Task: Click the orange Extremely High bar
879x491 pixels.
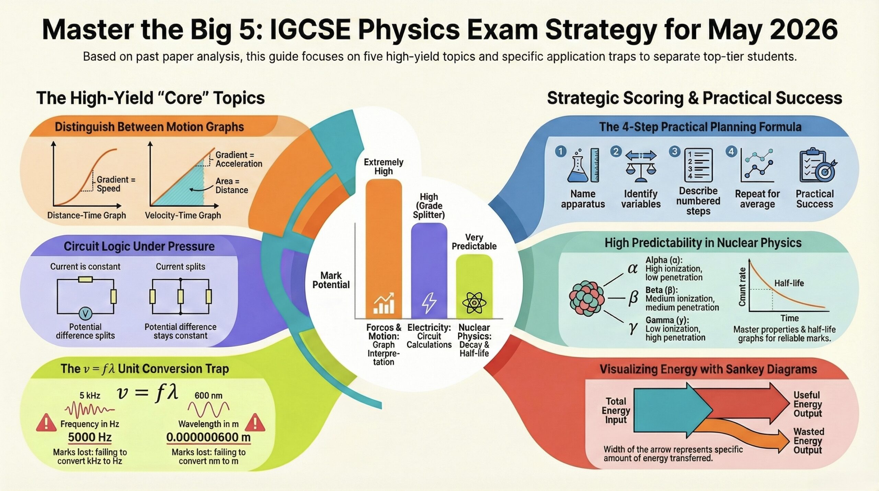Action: pyautogui.click(x=384, y=247)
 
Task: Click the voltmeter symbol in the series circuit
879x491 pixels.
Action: pyautogui.click(x=85, y=313)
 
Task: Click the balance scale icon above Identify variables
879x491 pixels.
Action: pyautogui.click(x=641, y=166)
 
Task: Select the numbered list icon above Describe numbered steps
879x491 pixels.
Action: pyautogui.click(x=698, y=165)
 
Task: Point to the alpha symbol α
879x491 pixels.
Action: pyautogui.click(x=632, y=268)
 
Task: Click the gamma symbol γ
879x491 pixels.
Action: pyautogui.click(x=632, y=328)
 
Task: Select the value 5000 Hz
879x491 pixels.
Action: pyautogui.click(x=90, y=437)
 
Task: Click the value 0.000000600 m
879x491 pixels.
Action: pyautogui.click(x=208, y=437)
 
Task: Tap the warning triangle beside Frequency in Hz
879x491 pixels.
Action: pyautogui.click(x=46, y=423)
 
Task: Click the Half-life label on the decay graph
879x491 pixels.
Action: pyautogui.click(x=789, y=283)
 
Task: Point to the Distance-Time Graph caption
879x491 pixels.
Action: pyautogui.click(x=87, y=215)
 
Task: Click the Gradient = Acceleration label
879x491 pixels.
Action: pyautogui.click(x=239, y=159)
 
